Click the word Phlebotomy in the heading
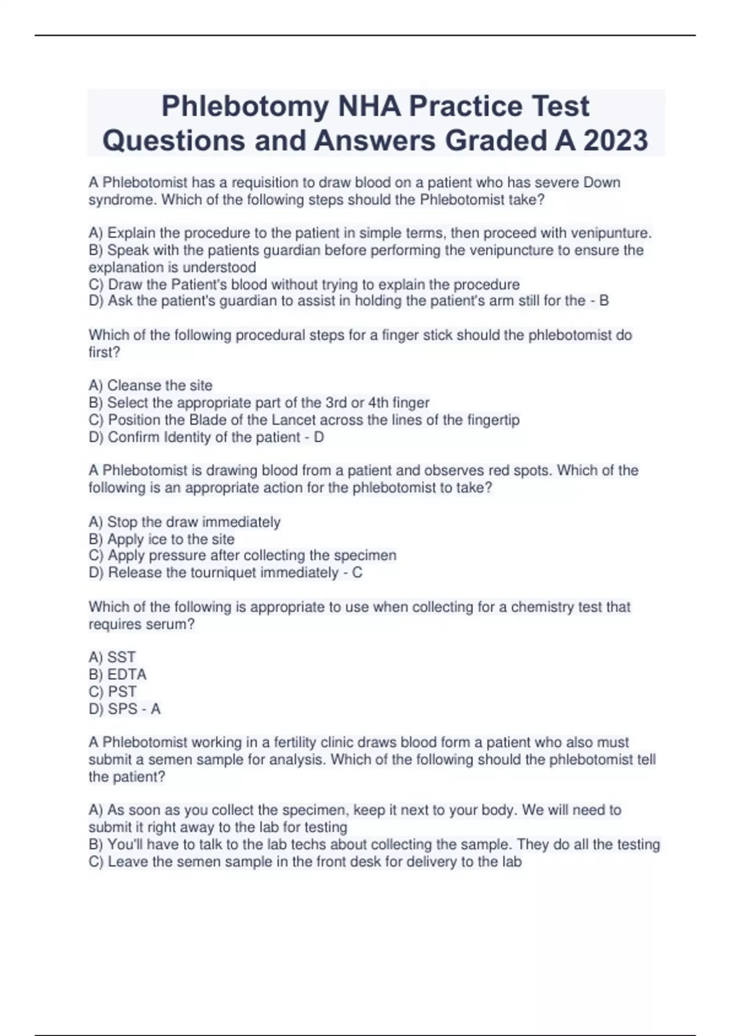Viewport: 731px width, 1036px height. [x=245, y=106]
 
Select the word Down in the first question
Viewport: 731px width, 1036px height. [x=602, y=182]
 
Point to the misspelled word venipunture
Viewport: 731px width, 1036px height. [x=610, y=233]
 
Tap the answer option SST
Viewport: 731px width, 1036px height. [x=121, y=657]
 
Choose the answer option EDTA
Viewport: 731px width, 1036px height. [x=127, y=674]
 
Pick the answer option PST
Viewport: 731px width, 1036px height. [x=122, y=691]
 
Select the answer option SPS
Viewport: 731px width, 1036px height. [x=122, y=709]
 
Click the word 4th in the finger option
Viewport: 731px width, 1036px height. [x=378, y=403]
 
